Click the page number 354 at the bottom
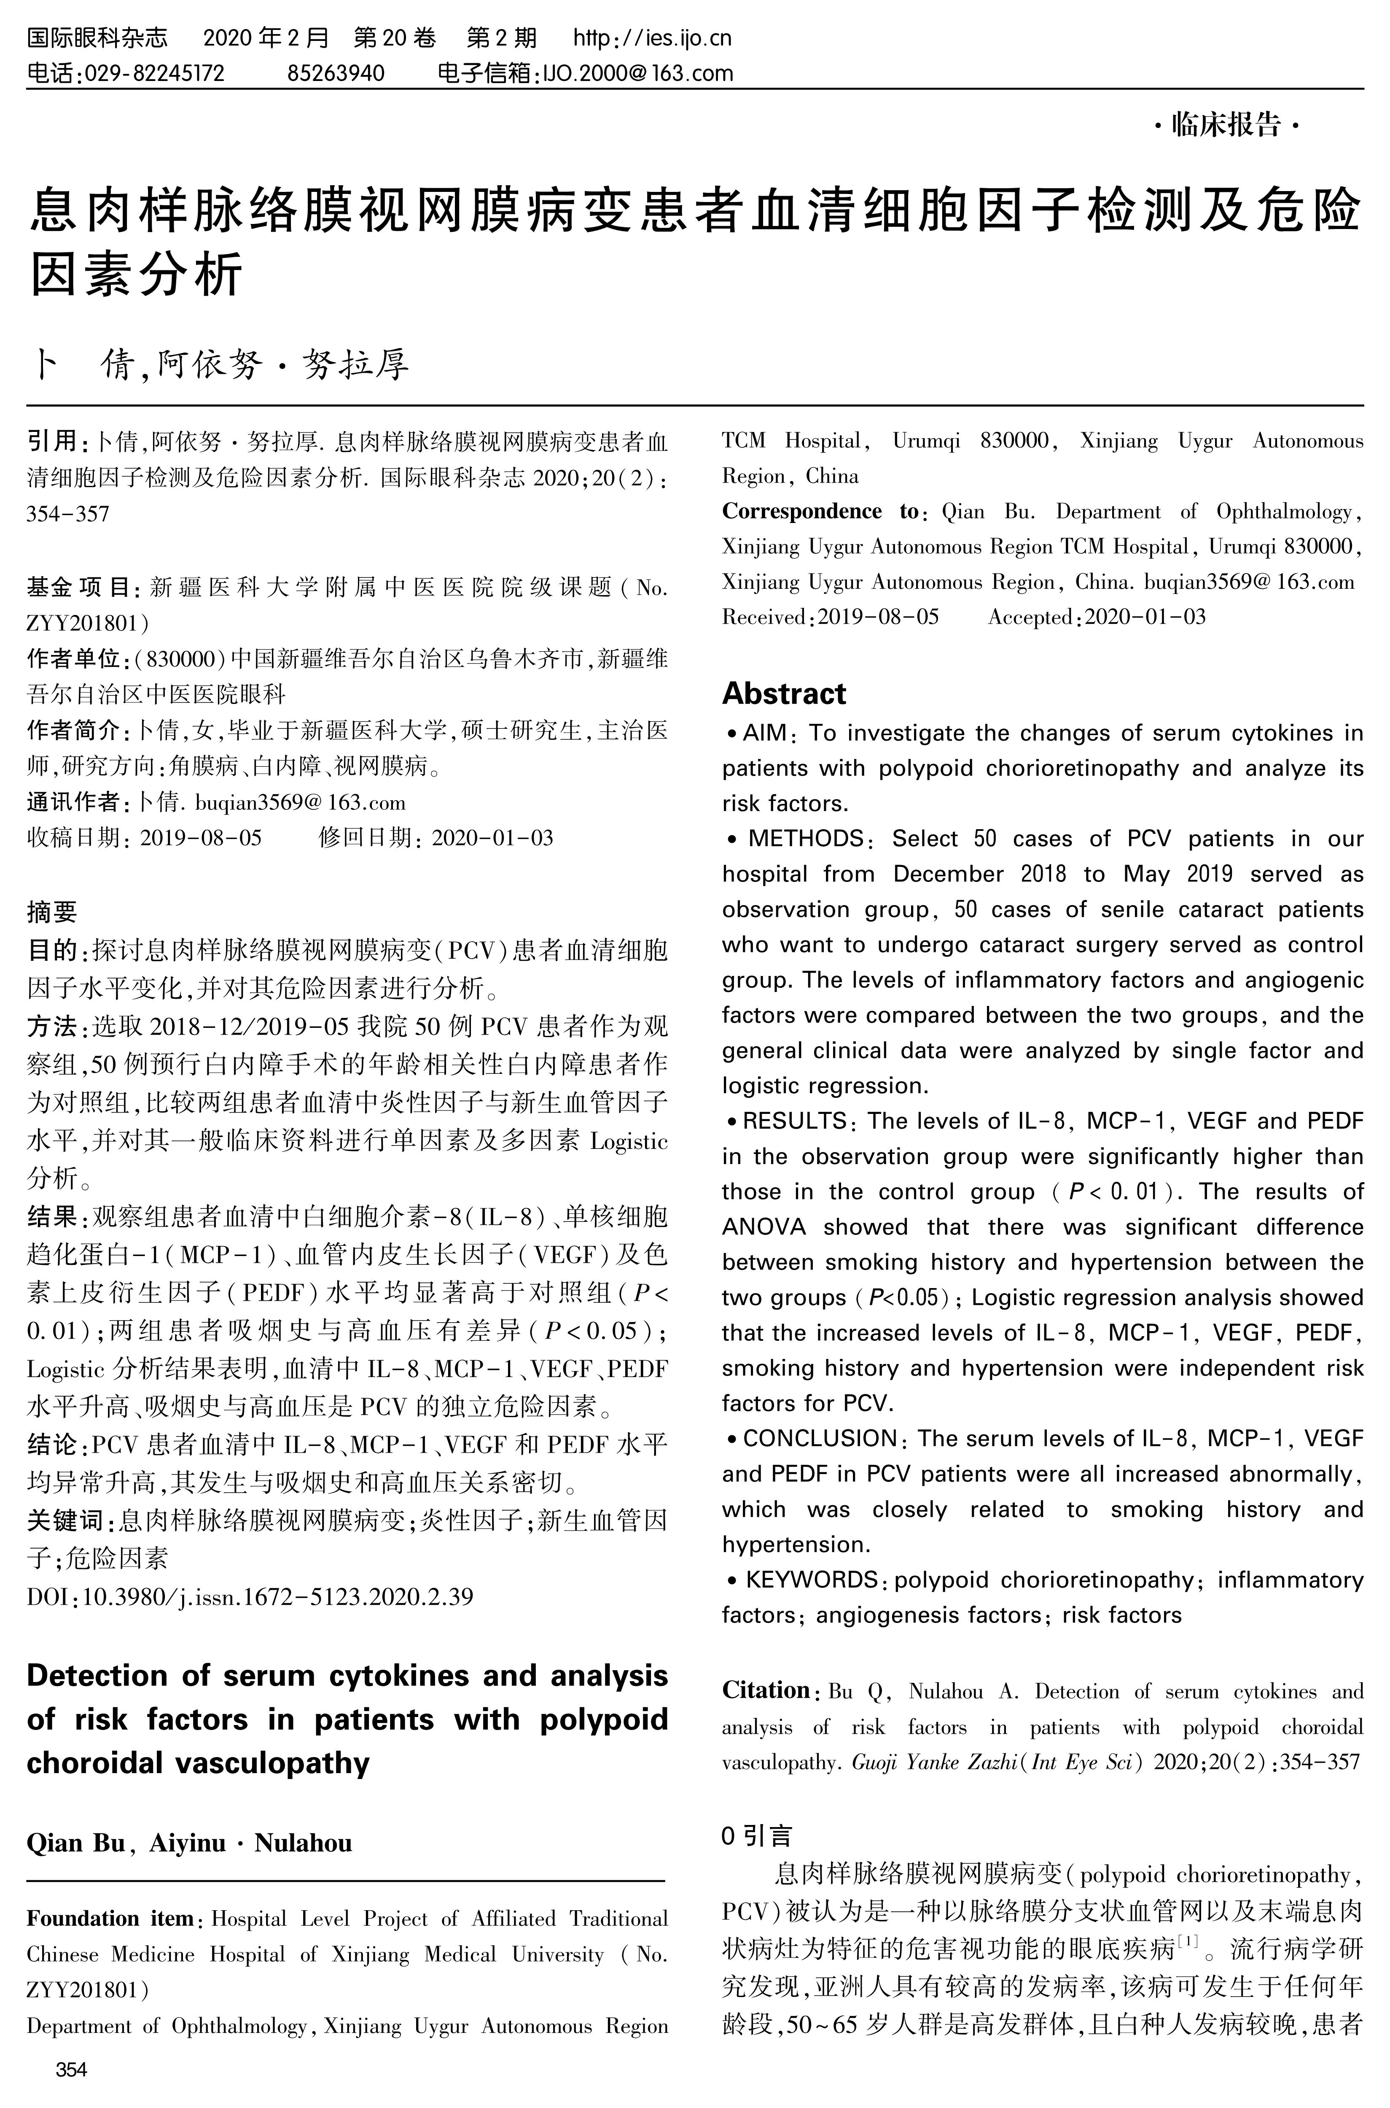71,2071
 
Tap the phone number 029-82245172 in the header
152,73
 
